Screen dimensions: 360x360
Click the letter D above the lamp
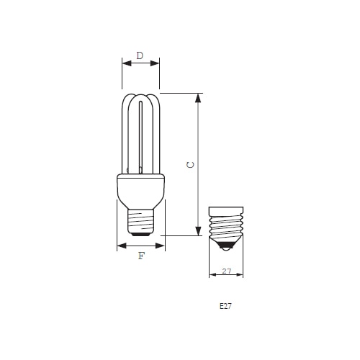(140, 55)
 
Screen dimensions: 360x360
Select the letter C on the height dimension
(190, 164)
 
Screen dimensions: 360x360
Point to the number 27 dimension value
(226, 271)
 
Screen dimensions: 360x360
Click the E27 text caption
(225, 306)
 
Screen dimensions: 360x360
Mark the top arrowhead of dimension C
(198, 97)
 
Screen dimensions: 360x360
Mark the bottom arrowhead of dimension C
(198, 231)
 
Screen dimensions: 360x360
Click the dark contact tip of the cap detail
(226, 246)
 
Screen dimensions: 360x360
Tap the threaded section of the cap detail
(226, 229)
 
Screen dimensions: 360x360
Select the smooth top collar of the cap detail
(226, 211)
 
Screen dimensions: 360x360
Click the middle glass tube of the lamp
(140, 137)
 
